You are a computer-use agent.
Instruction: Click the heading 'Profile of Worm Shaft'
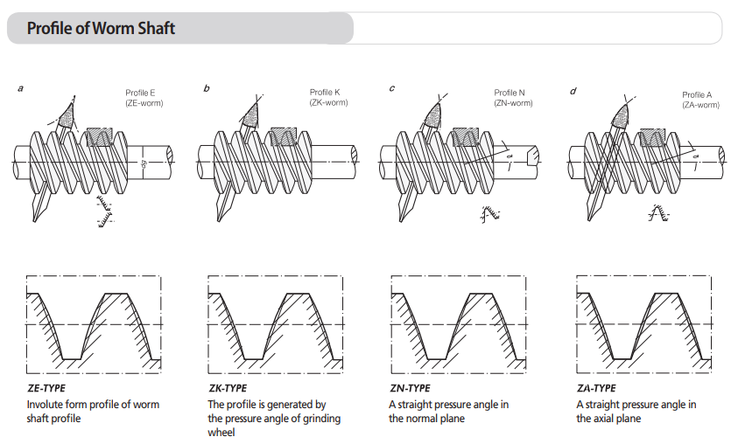101,29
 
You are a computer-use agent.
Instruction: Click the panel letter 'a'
19,88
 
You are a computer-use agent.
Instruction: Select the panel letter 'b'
206,88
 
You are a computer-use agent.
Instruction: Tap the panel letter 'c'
391,88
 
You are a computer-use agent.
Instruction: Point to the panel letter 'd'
573,88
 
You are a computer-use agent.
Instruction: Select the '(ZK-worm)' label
329,103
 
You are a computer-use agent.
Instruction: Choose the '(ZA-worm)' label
700,105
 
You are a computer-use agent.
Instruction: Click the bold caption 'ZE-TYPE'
46,388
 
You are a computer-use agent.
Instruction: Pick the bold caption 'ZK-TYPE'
227,388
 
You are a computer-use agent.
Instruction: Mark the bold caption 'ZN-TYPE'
409,388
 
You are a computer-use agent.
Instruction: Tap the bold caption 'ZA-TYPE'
595,388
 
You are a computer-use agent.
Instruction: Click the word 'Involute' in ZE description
45,405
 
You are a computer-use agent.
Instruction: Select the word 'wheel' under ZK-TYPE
221,432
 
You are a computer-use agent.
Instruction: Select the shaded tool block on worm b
285,135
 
